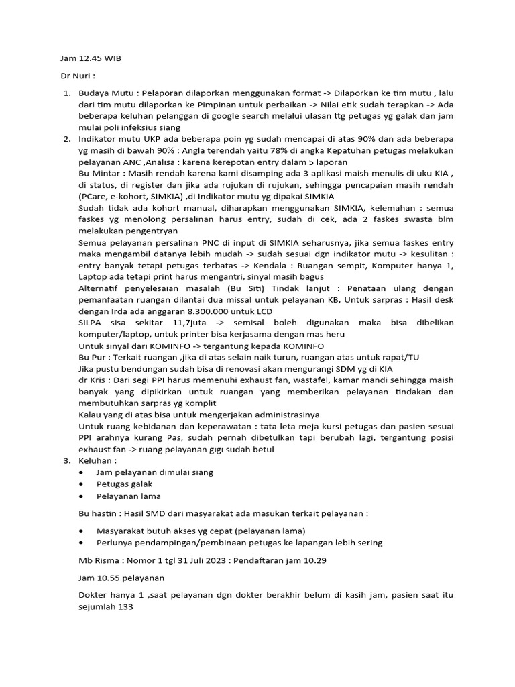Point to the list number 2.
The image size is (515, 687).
(x=67, y=139)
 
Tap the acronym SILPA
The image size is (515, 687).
(x=91, y=323)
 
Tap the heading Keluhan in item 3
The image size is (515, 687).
(x=97, y=461)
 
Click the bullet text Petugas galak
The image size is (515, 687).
(x=125, y=484)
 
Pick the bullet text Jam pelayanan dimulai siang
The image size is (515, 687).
(x=155, y=472)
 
